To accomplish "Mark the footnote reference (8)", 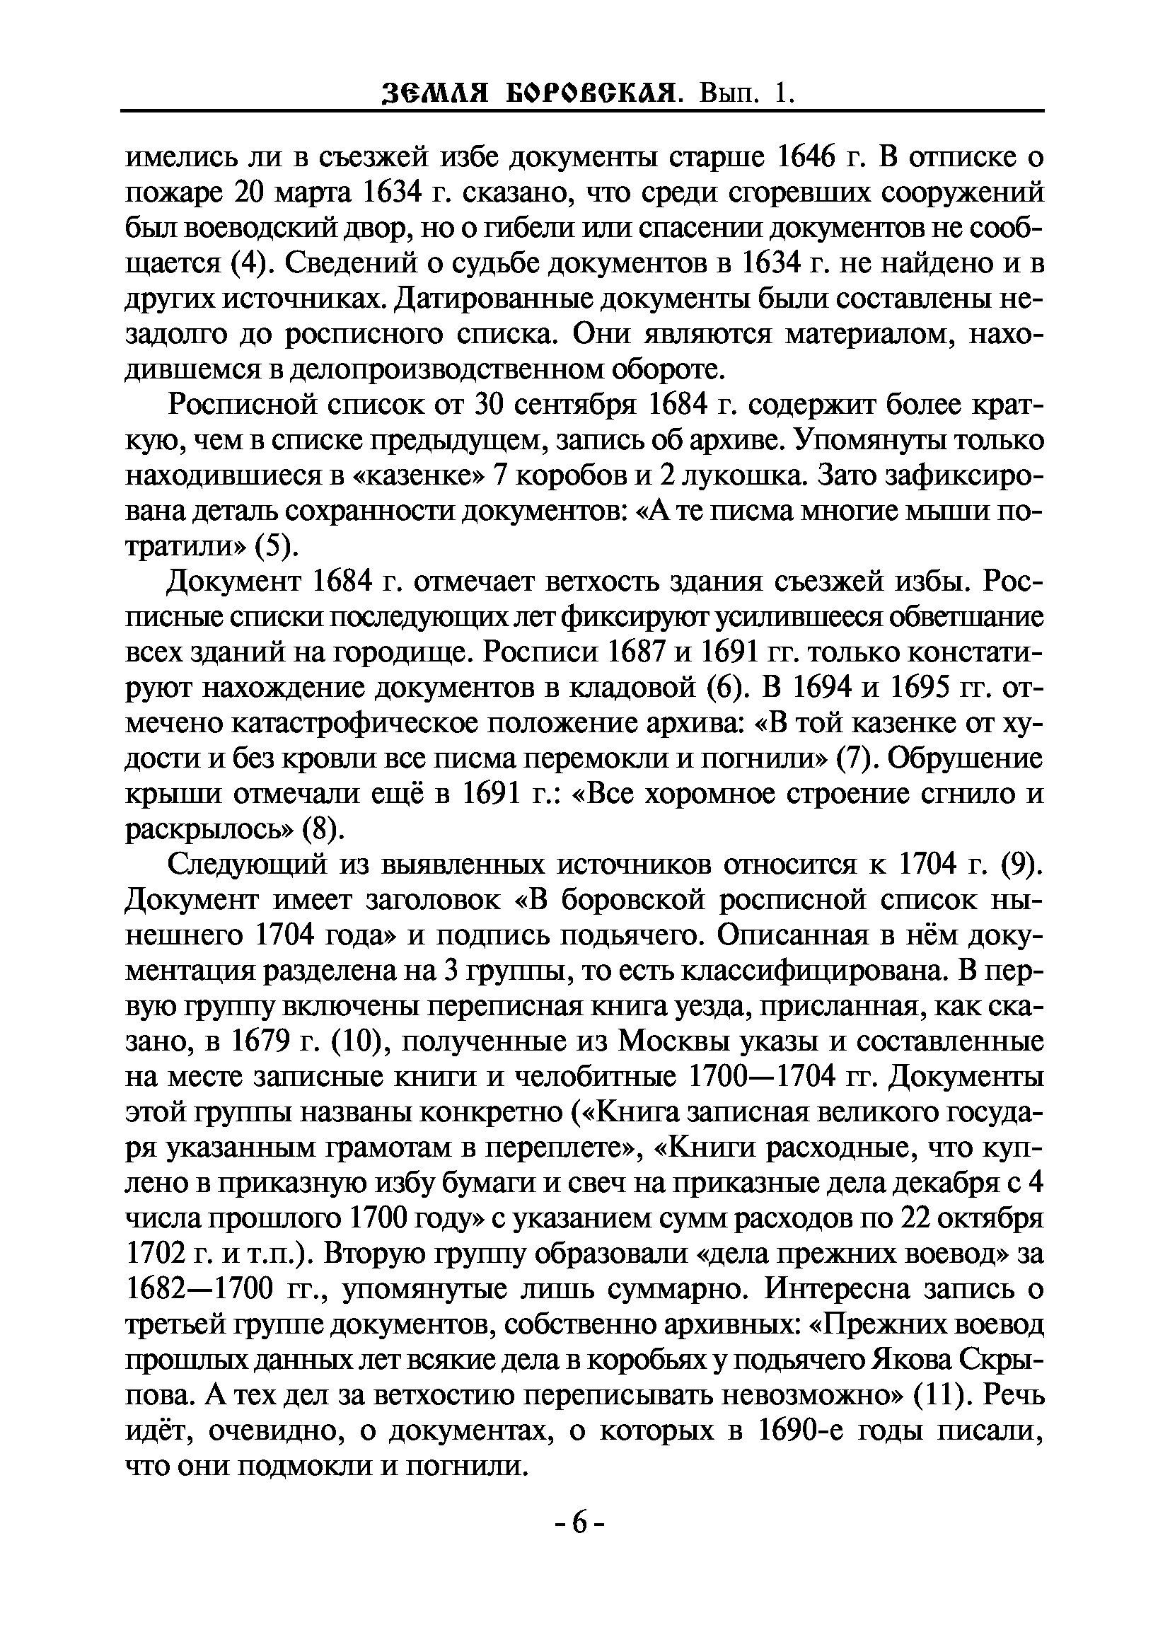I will (x=319, y=828).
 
